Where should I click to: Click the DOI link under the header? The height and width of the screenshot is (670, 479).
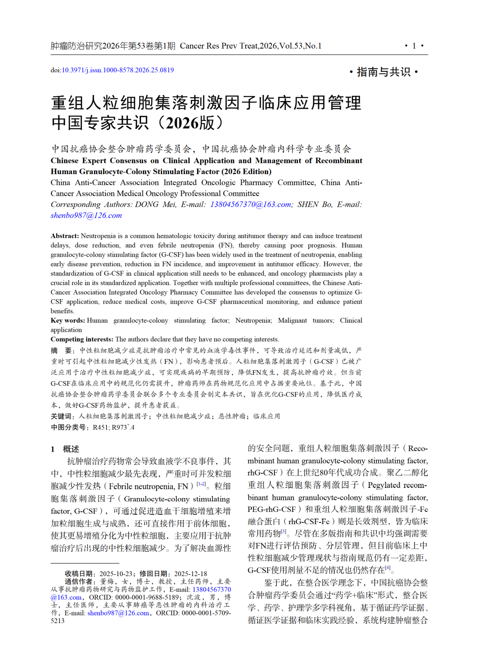click(x=118, y=70)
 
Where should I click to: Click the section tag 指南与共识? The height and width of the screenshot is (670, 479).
click(x=384, y=72)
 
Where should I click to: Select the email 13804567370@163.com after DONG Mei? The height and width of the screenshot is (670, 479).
click(x=251, y=204)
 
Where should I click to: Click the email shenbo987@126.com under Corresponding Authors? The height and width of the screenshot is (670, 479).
click(x=86, y=215)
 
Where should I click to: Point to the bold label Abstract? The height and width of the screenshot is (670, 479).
click(x=65, y=236)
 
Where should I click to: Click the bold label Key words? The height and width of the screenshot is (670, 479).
click(x=67, y=320)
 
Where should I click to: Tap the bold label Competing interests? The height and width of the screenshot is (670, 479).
click(x=82, y=339)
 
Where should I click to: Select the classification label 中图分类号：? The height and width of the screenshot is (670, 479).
click(x=70, y=427)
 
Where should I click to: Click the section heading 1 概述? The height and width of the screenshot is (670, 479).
click(x=65, y=449)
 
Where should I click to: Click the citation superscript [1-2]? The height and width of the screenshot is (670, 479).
click(x=201, y=484)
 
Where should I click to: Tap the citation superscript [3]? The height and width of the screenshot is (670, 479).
click(x=284, y=531)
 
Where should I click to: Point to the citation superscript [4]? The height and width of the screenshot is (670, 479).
click(x=388, y=568)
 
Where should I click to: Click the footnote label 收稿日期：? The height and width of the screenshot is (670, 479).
click(x=81, y=573)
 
